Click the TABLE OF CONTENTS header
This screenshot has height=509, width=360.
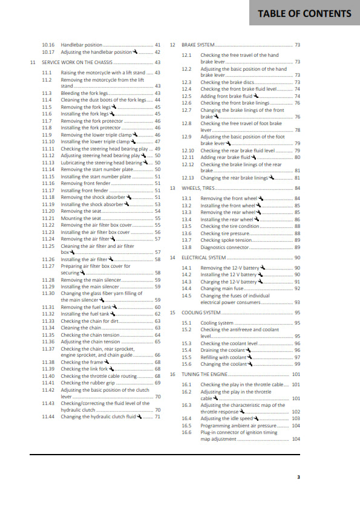coord(304,13)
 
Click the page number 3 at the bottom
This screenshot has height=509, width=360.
coord(298,477)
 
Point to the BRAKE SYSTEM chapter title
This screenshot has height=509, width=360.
coord(198,45)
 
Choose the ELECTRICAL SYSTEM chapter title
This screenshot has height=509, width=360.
coord(204,258)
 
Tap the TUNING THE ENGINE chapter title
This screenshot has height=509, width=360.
coord(205,374)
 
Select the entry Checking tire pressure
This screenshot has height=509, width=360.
coord(224,233)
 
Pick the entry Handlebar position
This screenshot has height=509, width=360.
coord(82,45)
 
